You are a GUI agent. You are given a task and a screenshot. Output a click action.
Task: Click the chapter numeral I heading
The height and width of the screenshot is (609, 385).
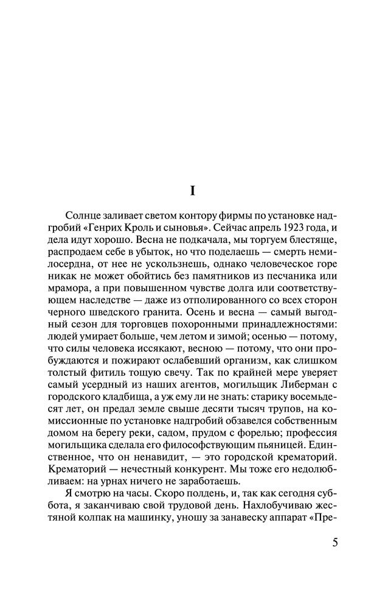(192, 191)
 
